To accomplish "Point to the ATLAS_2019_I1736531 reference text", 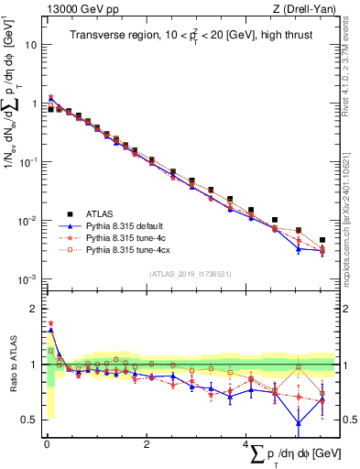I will click(x=191, y=274).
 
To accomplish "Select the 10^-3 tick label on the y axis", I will click(x=27, y=279).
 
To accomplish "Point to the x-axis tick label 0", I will click(x=46, y=444).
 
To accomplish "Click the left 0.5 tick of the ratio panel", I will click(x=29, y=420).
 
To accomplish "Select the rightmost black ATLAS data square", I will click(x=322, y=240).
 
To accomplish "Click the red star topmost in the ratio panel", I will click(x=51, y=323).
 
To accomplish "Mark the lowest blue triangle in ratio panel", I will click(x=299, y=422).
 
